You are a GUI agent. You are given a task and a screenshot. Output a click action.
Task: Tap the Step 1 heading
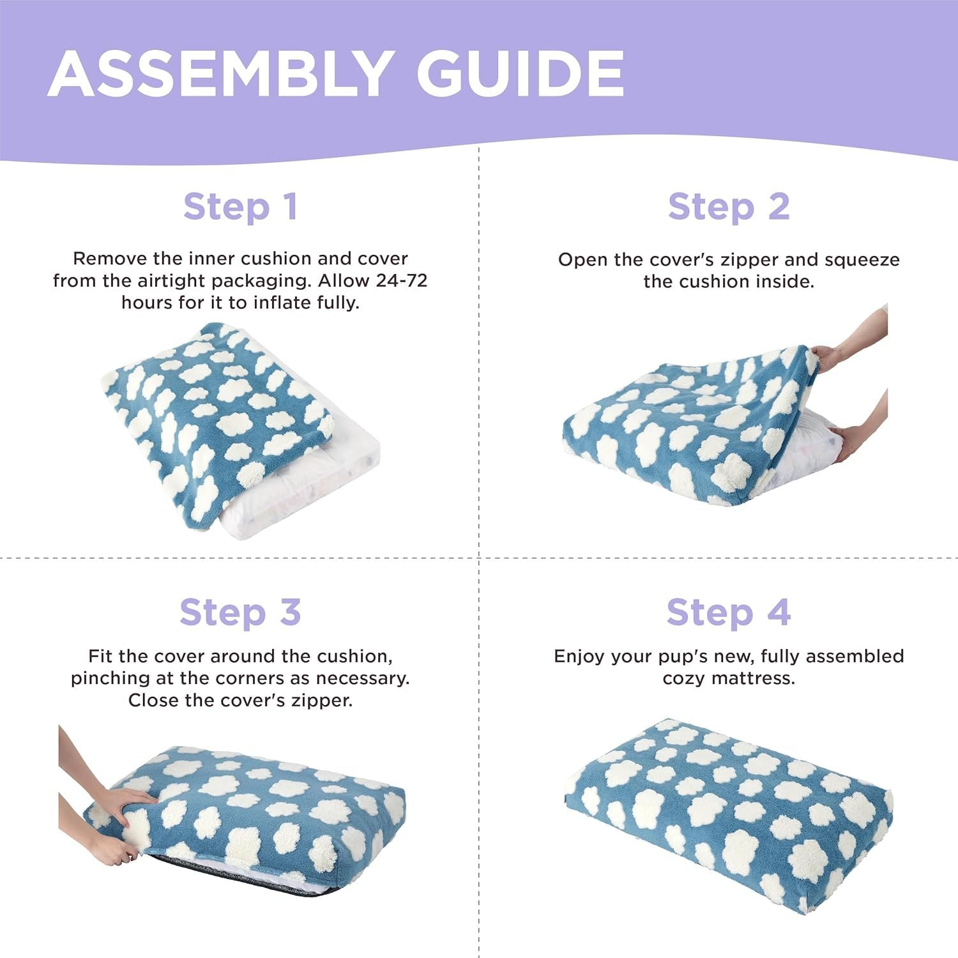240,207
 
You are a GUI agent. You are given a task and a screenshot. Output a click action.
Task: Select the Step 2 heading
729,207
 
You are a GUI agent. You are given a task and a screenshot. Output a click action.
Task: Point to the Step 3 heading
240,612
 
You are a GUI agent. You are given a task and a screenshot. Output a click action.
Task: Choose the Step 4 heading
729,612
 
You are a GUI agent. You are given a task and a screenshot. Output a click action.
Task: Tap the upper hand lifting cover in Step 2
830,354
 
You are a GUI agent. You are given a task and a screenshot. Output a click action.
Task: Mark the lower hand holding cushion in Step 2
849,441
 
